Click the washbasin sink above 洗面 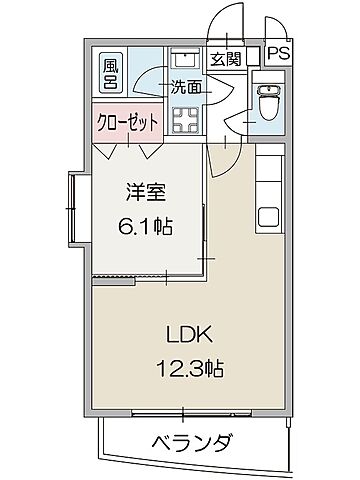tap(184, 57)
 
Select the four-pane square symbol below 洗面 tap(185, 122)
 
